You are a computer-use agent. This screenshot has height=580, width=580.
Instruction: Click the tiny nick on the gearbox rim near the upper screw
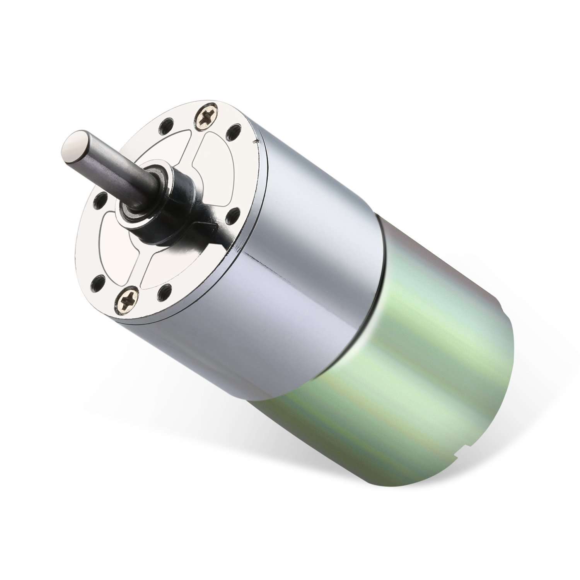[x=255, y=143]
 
